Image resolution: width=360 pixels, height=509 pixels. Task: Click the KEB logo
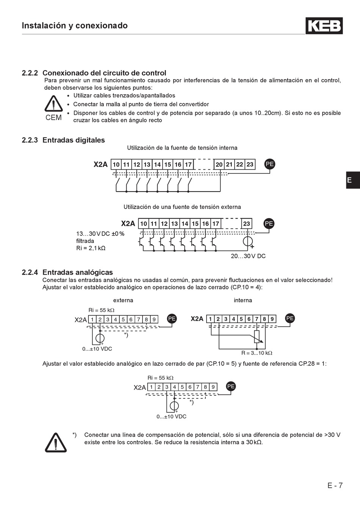coord(324,26)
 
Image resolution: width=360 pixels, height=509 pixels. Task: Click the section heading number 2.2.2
coord(30,73)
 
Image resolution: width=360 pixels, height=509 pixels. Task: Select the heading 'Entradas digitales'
coord(74,140)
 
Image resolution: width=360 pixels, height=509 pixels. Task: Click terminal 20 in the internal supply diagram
coord(219,164)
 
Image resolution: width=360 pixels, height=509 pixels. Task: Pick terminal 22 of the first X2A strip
coord(239,164)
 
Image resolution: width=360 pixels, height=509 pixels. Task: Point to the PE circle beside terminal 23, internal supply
coord(269,164)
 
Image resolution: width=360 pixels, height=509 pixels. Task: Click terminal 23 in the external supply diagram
coord(247,224)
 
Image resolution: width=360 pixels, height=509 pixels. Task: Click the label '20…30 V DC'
coord(248,256)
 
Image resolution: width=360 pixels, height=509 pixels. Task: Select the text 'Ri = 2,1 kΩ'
coord(91,248)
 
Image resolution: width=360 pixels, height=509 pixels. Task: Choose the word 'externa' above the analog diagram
coord(123,300)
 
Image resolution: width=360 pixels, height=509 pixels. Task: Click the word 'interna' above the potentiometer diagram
coord(243,300)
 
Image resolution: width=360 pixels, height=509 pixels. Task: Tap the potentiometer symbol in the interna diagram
coord(257,337)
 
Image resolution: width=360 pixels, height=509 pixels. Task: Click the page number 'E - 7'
coord(335,486)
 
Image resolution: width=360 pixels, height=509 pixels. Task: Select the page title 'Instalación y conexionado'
coord(75,26)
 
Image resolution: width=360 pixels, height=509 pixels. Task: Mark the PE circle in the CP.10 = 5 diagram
coord(231,386)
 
